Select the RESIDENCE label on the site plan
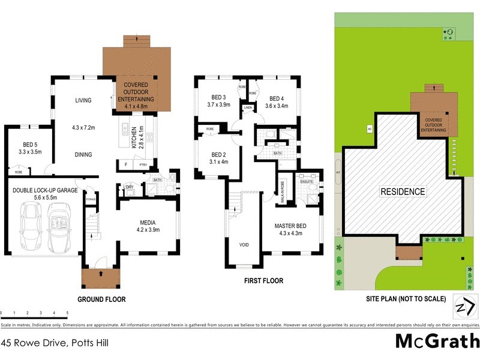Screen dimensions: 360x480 [403, 192]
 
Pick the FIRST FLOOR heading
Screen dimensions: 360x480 [263, 281]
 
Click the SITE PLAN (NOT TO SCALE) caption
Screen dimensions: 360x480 [407, 298]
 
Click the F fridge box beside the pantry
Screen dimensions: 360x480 [126, 164]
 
